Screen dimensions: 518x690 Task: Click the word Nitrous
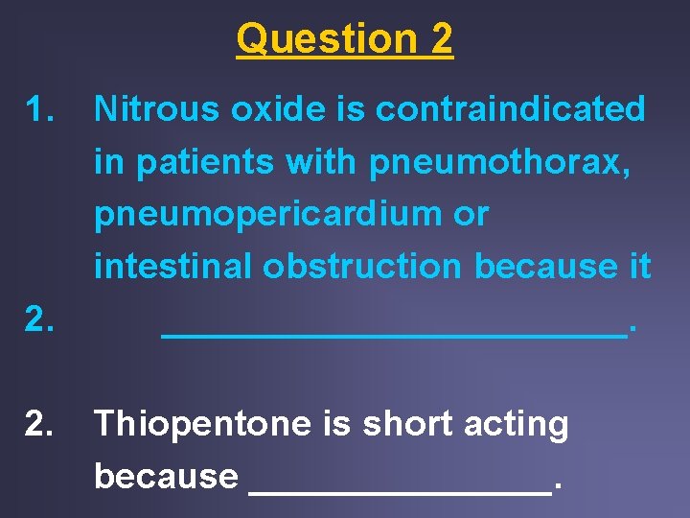155,110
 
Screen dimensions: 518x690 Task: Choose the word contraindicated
510,110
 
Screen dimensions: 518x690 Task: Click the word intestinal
172,267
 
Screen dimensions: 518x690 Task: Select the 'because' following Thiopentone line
166,476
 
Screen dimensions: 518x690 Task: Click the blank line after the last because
400,490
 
